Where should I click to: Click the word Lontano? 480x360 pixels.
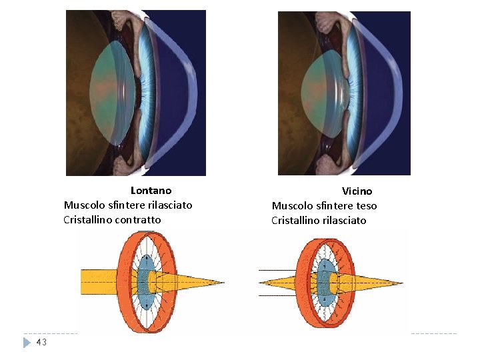click(x=151, y=191)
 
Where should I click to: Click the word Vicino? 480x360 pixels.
click(x=357, y=191)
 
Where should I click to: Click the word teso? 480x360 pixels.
click(x=366, y=206)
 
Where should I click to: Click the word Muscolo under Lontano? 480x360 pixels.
click(x=83, y=205)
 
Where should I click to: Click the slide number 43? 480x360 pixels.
click(x=41, y=342)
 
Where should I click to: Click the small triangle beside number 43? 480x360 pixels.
click(x=27, y=343)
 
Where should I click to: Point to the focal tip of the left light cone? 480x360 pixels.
click(x=223, y=282)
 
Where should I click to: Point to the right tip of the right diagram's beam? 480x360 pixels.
click(x=402, y=282)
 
